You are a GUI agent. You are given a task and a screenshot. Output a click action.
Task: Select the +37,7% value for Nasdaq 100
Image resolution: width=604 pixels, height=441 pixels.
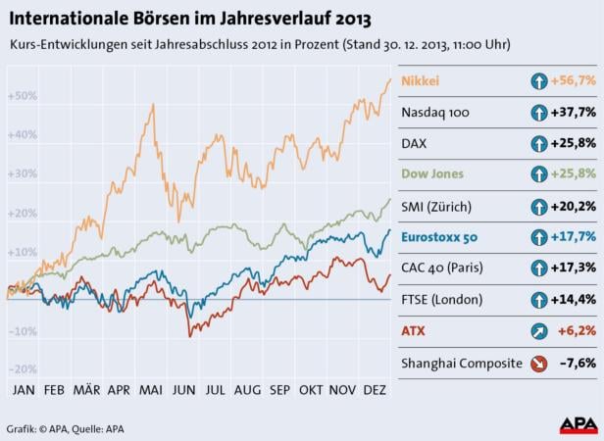(574, 113)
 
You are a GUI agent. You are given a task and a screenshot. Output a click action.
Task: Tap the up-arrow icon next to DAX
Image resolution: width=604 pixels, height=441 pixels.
(538, 144)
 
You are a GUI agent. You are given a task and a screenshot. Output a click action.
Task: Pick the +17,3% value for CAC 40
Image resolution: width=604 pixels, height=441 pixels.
(574, 268)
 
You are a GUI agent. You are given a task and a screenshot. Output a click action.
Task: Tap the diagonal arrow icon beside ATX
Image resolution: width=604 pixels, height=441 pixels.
(538, 331)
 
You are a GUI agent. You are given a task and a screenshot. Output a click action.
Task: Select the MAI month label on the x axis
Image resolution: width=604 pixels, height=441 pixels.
(151, 390)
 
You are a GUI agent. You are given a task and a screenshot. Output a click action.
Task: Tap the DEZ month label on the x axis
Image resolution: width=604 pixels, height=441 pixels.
(374, 390)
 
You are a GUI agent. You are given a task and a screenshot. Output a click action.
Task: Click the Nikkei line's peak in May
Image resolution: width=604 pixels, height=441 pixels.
(153, 104)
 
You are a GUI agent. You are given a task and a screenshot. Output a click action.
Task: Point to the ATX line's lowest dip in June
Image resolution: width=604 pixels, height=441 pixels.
(189, 336)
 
